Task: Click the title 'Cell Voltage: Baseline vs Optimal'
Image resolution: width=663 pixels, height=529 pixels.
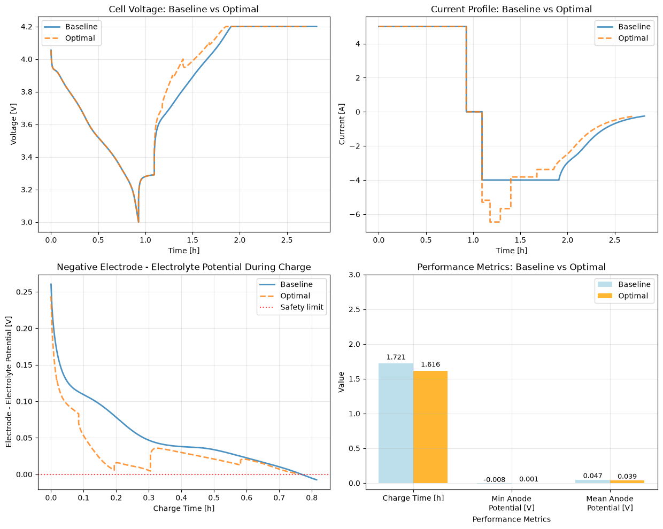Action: point(183,9)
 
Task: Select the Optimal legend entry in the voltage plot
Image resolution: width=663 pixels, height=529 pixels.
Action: point(70,38)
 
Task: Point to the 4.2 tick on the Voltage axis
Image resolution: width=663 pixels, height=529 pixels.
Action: point(27,27)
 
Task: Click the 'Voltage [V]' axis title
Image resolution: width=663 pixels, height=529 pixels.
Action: point(13,124)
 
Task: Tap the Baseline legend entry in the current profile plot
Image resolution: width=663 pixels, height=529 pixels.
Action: point(624,27)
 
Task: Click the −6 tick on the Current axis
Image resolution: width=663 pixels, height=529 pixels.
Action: point(354,214)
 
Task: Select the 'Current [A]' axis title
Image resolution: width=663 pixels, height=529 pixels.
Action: point(341,124)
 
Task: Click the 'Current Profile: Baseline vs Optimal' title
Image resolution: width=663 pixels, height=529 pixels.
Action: point(511,9)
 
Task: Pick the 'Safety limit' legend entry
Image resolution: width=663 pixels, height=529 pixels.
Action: point(291,307)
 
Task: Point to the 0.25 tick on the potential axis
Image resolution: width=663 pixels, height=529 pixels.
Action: point(25,292)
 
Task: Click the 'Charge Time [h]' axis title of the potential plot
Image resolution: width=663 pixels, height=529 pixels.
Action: point(183,508)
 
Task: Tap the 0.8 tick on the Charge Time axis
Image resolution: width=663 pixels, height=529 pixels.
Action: point(312,498)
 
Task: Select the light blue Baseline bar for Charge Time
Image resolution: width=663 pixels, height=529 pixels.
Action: point(396,423)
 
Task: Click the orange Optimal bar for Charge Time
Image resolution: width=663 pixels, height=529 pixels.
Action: point(430,427)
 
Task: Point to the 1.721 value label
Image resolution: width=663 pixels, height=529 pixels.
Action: point(396,357)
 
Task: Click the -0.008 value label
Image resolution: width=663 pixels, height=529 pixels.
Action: point(494,479)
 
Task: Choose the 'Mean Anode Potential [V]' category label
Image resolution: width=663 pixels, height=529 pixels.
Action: point(610,503)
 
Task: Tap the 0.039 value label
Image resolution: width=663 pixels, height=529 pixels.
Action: point(627,476)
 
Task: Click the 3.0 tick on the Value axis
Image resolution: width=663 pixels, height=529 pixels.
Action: point(354,275)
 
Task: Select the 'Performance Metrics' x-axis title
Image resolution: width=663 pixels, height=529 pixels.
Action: point(512,519)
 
